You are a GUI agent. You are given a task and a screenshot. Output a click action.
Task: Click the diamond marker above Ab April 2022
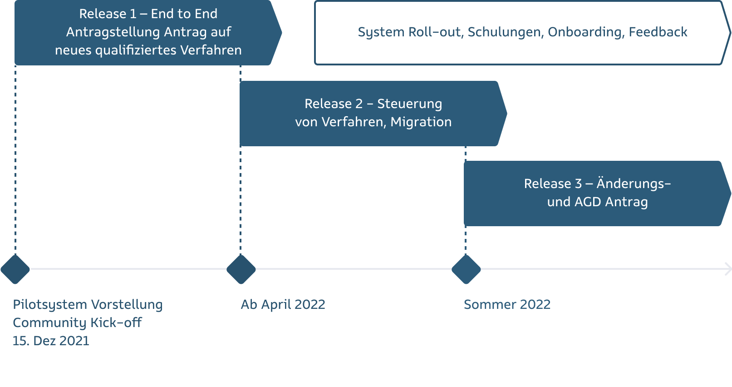click(241, 269)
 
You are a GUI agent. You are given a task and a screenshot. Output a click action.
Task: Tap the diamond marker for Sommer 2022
click(466, 269)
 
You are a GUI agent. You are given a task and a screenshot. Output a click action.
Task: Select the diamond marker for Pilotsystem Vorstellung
click(15, 269)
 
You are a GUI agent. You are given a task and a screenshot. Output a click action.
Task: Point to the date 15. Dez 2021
click(51, 341)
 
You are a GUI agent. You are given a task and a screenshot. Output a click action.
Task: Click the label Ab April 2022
click(283, 304)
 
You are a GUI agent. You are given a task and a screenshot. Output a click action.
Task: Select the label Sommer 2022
click(507, 304)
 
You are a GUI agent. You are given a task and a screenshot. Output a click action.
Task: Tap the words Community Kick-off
click(77, 322)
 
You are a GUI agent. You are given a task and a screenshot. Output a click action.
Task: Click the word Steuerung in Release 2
click(409, 104)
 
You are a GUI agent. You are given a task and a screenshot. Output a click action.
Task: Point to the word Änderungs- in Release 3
click(633, 184)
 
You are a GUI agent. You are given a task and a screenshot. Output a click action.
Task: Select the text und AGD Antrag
click(597, 202)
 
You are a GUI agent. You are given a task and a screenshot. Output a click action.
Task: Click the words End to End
click(184, 14)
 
